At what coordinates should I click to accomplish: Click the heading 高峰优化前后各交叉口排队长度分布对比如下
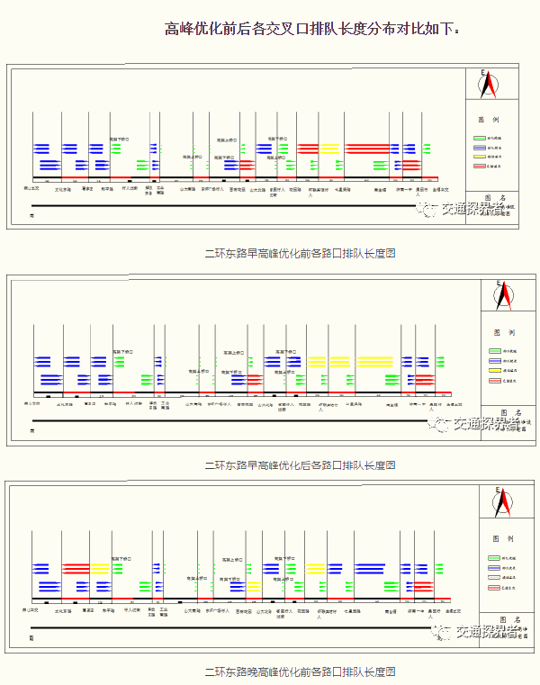tap(311, 29)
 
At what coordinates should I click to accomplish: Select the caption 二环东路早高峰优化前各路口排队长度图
tap(301, 254)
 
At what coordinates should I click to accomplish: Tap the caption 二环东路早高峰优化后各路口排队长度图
tap(301, 465)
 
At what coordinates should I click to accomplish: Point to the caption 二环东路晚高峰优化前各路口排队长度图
tap(301, 671)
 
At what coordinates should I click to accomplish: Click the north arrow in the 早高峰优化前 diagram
tap(490, 85)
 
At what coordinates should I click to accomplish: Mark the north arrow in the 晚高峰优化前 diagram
tap(503, 500)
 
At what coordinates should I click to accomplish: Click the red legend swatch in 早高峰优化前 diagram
tap(480, 166)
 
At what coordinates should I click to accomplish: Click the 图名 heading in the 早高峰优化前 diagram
tap(490, 197)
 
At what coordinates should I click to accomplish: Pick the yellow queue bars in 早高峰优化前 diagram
tap(330, 148)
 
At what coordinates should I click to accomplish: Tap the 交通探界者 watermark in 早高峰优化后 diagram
tap(477, 422)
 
